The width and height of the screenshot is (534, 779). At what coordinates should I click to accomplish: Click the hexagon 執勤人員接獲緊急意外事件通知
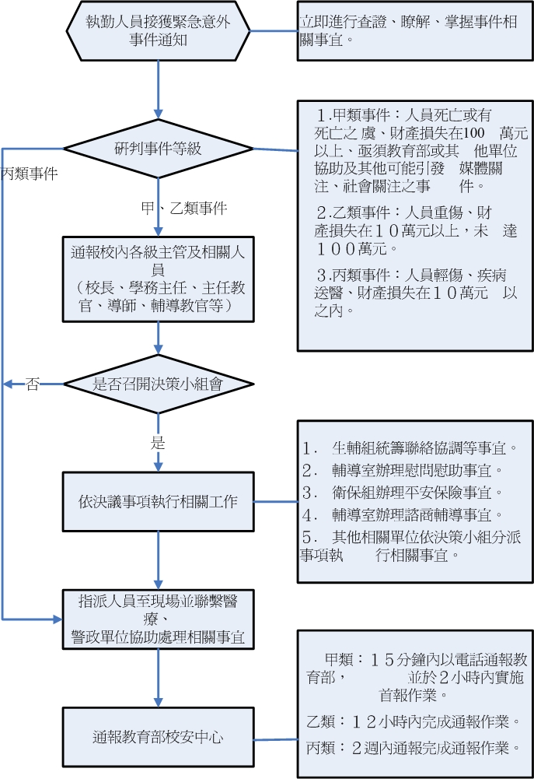click(158, 31)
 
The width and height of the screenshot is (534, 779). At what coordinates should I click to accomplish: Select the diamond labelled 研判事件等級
click(158, 149)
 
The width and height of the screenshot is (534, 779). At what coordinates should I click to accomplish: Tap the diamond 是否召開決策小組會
click(158, 383)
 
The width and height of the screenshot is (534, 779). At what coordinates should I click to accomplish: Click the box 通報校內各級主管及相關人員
click(159, 279)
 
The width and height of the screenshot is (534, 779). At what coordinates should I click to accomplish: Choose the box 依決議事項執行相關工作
click(159, 502)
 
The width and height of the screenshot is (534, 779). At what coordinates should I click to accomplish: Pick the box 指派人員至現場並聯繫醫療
click(159, 619)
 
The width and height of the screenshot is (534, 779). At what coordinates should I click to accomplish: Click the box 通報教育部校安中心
click(159, 736)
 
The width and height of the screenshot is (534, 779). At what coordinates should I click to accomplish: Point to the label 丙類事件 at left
click(29, 173)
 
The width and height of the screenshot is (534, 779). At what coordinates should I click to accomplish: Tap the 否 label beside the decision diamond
click(32, 384)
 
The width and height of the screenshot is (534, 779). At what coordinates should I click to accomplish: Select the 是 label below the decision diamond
click(158, 443)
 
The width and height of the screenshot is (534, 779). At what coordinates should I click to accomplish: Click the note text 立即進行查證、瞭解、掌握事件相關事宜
click(408, 30)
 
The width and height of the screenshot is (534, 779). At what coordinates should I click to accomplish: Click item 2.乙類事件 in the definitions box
click(404, 230)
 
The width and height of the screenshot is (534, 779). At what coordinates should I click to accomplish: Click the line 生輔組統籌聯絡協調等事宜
click(410, 449)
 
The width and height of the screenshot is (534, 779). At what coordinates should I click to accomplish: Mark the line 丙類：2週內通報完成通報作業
click(414, 748)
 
